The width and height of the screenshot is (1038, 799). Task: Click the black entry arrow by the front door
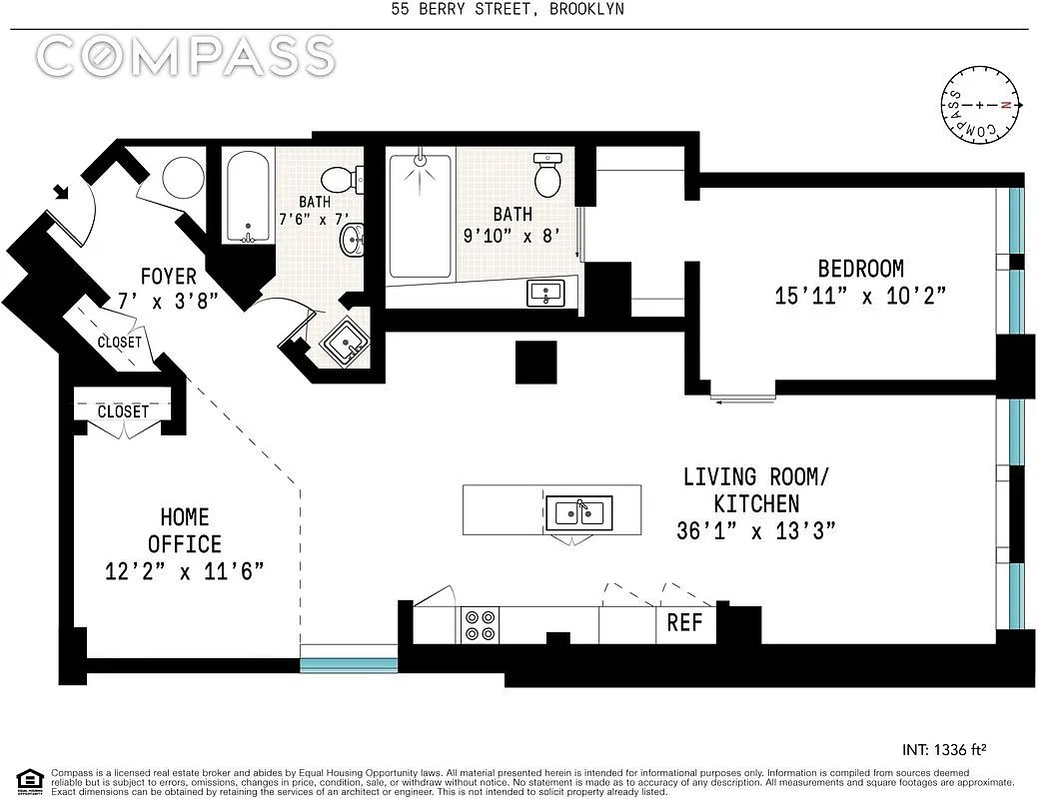pos(62,190)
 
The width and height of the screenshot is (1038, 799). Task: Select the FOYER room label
pos(168,276)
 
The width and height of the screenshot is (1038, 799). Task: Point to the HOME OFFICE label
pos(185,530)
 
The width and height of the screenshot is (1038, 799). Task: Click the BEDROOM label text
pos(860,269)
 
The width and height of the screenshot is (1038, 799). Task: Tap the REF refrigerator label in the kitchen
pos(684,623)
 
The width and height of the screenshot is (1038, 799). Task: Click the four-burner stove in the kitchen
pos(479,624)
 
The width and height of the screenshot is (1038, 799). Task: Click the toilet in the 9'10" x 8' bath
pos(548,176)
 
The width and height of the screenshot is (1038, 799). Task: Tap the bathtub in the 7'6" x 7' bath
pos(246,197)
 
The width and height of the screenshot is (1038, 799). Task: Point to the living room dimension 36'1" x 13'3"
pos(755,531)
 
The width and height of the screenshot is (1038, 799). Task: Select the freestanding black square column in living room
pos(535,363)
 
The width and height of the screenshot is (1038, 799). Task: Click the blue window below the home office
pos(349,663)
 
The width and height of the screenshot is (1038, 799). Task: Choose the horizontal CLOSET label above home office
pos(123,411)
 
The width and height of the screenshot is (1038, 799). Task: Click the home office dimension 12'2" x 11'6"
pos(185,571)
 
